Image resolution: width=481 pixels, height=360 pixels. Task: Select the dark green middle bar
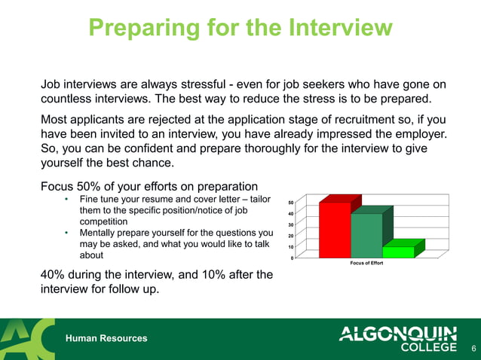[366, 235]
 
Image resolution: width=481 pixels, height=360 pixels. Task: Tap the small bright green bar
[398, 252]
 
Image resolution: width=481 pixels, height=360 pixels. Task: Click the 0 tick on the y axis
[293, 258]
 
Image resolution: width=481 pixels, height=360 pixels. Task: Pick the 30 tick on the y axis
[291, 224]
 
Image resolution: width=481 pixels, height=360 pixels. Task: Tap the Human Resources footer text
[106, 338]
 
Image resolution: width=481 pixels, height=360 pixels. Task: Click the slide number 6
[473, 348]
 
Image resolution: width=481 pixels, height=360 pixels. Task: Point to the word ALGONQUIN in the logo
[398, 333]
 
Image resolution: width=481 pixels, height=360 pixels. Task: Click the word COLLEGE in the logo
[430, 347]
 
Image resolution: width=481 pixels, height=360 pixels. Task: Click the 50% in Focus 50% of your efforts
[89, 185]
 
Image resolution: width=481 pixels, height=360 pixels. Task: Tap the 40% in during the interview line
[55, 275]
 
